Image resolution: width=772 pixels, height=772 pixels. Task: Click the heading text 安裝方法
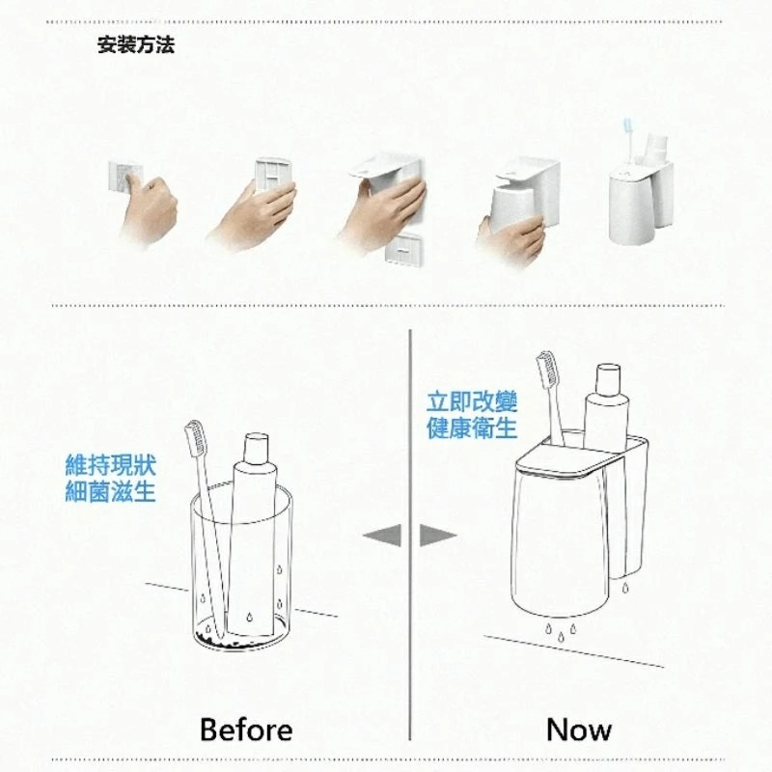(136, 44)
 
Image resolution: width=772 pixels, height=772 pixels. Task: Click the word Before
(246, 730)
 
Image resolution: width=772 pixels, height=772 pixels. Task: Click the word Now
(579, 730)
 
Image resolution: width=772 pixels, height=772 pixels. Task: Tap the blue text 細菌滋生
(110, 492)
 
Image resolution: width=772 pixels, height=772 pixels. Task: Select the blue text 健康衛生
(472, 428)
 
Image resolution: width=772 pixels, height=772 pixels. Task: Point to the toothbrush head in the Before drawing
(196, 437)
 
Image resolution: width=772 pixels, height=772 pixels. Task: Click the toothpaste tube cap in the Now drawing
(608, 379)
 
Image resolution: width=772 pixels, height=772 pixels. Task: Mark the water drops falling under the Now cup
(561, 630)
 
